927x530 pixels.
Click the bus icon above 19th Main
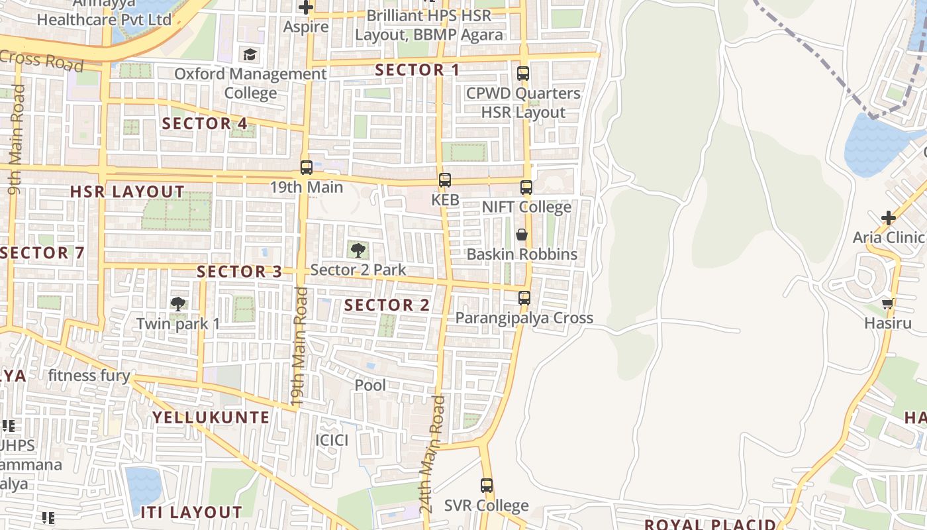[306, 168]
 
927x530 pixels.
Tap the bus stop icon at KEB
[445, 180]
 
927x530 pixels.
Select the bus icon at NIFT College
[526, 187]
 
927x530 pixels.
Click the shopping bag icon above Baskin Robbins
[522, 235]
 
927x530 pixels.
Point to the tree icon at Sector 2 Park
[358, 250]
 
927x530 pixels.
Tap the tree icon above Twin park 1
[177, 304]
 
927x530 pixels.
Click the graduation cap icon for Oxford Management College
[250, 54]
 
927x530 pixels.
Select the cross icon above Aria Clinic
[889, 218]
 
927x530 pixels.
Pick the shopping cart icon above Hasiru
[888, 304]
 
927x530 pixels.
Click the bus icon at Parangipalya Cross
[524, 298]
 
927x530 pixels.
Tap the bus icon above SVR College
[487, 486]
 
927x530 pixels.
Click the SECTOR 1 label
[417, 70]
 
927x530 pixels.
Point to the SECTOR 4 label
[205, 123]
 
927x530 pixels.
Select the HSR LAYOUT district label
[127, 192]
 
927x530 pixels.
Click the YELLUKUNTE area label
[211, 417]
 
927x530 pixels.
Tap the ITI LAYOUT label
[191, 512]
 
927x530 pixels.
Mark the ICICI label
[332, 441]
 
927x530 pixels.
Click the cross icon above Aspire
[306, 8]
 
